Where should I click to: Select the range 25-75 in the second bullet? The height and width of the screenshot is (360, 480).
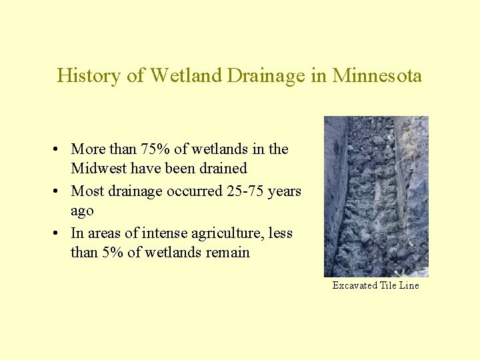pyautogui.click(x=249, y=191)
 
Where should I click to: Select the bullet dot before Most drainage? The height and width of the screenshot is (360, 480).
pyautogui.click(x=60, y=192)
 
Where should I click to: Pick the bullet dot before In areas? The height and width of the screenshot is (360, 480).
pyautogui.click(x=60, y=233)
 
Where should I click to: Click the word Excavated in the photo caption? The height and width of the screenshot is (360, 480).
pyautogui.click(x=355, y=285)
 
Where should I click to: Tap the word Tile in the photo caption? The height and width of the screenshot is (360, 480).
pyautogui.click(x=389, y=285)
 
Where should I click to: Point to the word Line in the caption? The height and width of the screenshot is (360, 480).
pyautogui.click(x=409, y=285)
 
